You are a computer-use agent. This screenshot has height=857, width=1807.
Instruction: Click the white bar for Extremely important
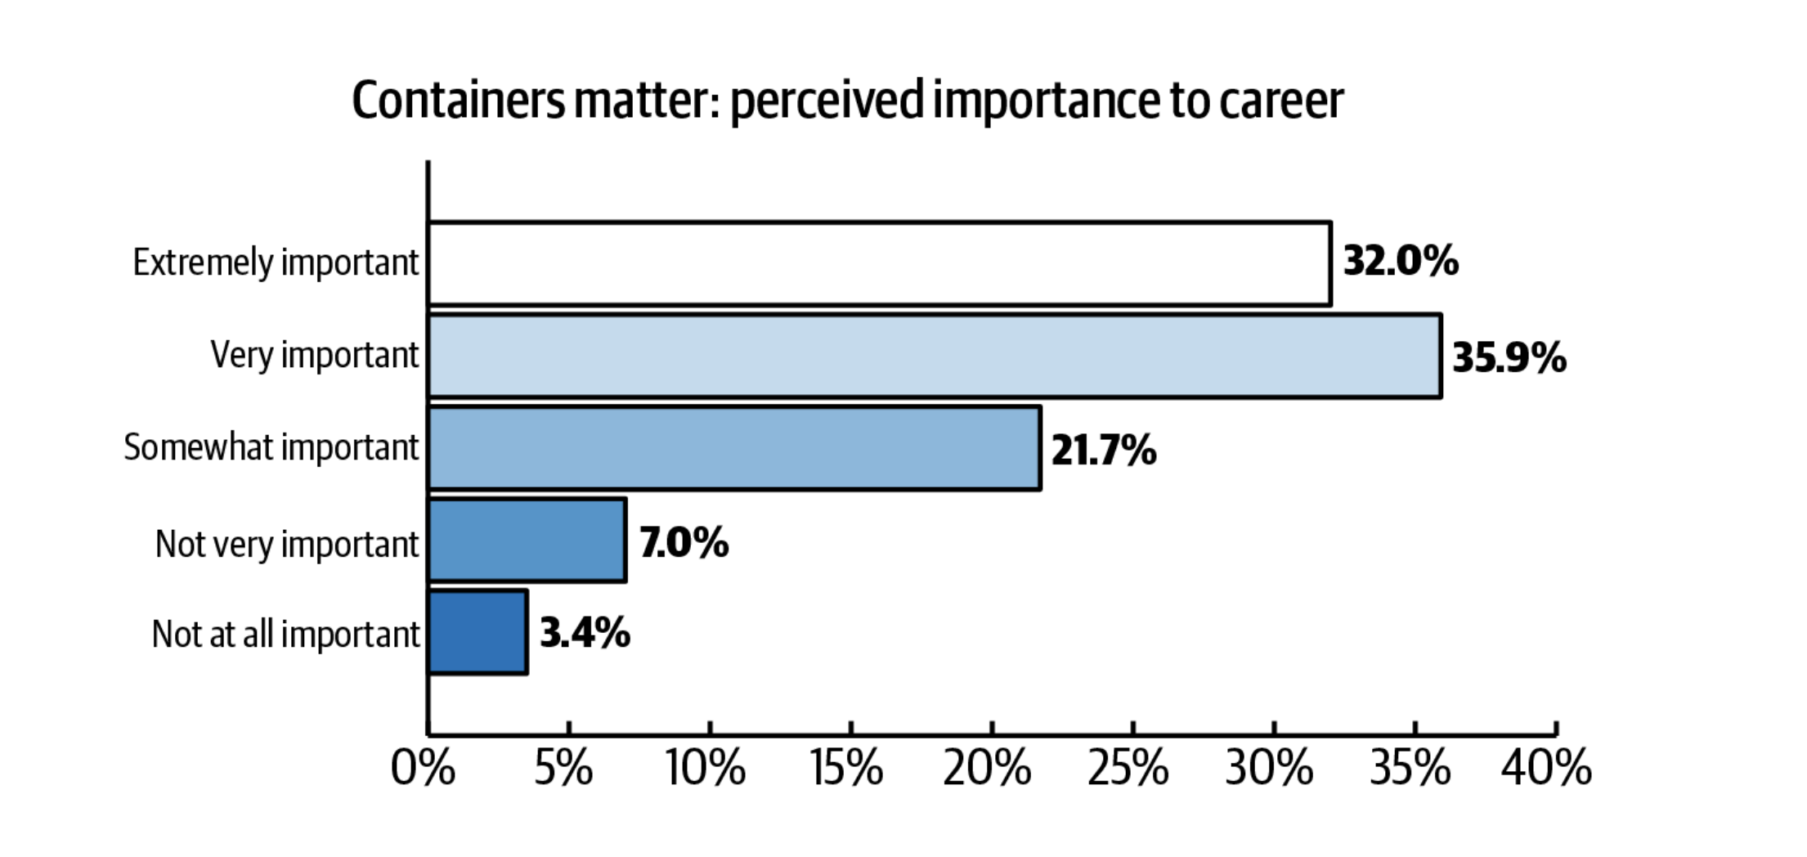tap(879, 263)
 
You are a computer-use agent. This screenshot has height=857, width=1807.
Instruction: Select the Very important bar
tap(934, 356)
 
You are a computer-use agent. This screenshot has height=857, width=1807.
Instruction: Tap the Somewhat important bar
tap(734, 448)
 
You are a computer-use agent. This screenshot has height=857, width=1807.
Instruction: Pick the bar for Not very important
tap(527, 541)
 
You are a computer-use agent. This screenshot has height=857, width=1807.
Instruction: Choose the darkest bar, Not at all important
tap(478, 632)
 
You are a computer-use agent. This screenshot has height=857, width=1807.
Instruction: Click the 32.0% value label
tap(1401, 262)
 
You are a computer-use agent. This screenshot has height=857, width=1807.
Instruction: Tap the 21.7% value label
tap(1103, 451)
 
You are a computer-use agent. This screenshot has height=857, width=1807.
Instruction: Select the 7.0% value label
tap(684, 543)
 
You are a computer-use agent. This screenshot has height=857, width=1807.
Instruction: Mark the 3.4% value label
tap(585, 633)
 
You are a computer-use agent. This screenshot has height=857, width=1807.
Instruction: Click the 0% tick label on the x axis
tap(423, 769)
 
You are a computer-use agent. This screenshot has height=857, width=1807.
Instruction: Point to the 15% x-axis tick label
tap(847, 769)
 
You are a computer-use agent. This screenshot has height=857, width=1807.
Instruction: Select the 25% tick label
tap(1128, 769)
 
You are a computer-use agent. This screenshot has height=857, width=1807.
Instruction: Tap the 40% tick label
tap(1546, 769)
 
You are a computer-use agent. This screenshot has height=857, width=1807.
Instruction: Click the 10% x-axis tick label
tap(705, 769)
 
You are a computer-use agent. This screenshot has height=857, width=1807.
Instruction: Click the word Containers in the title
tap(458, 101)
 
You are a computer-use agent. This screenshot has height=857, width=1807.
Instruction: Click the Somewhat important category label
tap(271, 447)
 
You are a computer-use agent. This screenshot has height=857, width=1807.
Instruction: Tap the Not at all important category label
tap(285, 634)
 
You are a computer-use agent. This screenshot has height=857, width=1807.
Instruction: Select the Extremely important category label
tap(276, 262)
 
